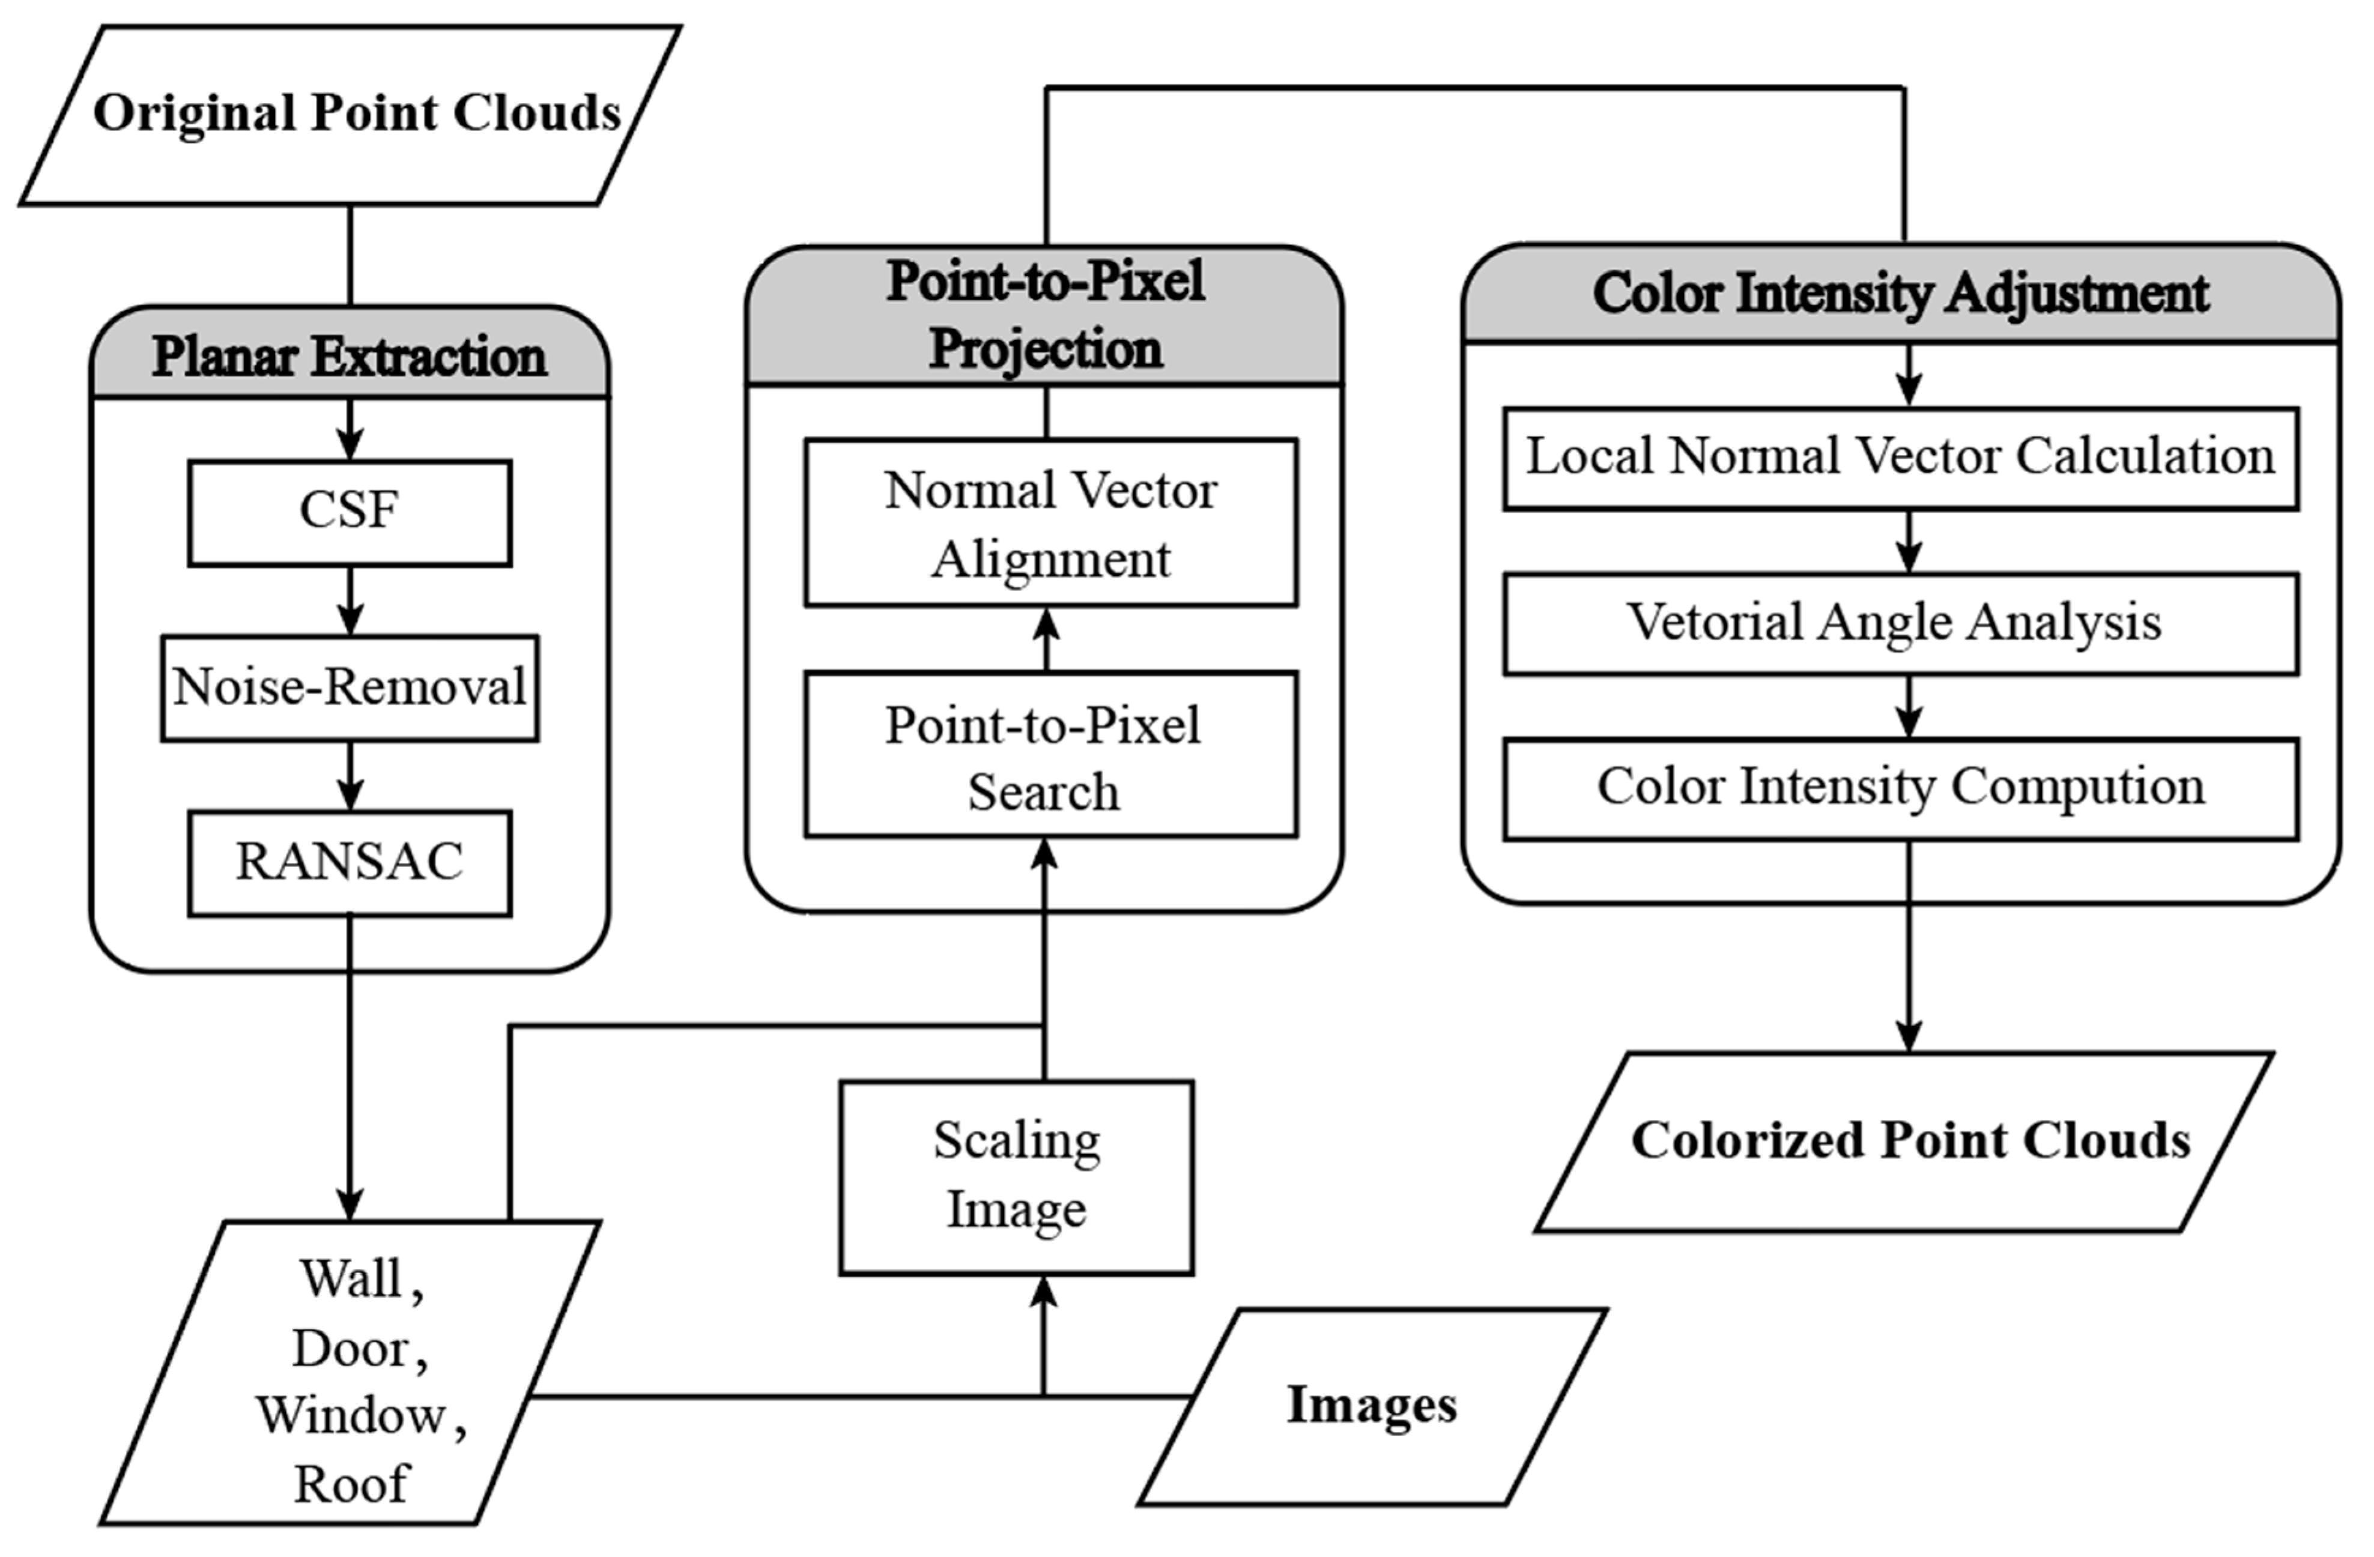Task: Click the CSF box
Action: coord(349,513)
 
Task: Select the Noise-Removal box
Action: coord(349,688)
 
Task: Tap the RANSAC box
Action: coord(349,863)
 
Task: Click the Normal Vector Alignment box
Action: coord(1050,522)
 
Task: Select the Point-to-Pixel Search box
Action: coord(1050,755)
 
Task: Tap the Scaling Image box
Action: coord(1016,1177)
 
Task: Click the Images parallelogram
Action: coord(1372,1406)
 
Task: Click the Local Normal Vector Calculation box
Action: coord(1900,458)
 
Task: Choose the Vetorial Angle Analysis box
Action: coord(1900,623)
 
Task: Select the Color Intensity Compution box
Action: coord(1900,788)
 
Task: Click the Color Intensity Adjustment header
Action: coord(1900,294)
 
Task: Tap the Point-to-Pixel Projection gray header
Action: coord(1044,315)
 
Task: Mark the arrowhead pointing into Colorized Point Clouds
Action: coord(1908,1038)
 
